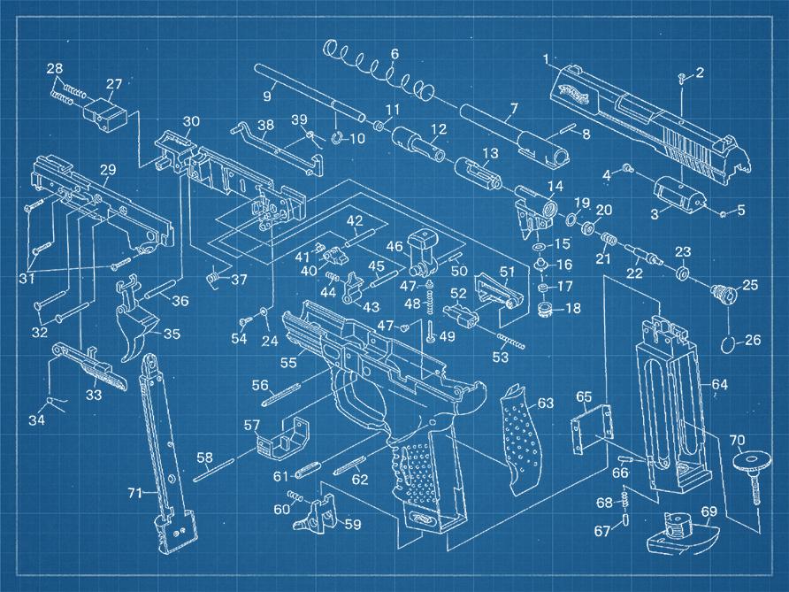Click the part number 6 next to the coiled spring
click(394, 54)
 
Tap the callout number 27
click(114, 83)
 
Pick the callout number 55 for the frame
click(289, 362)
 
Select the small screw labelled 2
click(682, 78)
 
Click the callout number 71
click(134, 493)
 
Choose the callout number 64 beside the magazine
click(719, 385)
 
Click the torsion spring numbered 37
click(214, 277)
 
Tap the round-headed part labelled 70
click(751, 474)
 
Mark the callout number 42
click(355, 220)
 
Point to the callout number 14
click(555, 187)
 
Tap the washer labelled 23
click(682, 273)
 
